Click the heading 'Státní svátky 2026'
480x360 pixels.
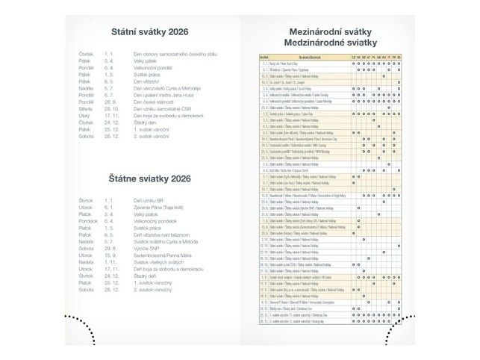click(149, 33)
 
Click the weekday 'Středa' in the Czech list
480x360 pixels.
click(85, 109)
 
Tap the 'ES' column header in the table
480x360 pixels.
click(399, 56)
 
